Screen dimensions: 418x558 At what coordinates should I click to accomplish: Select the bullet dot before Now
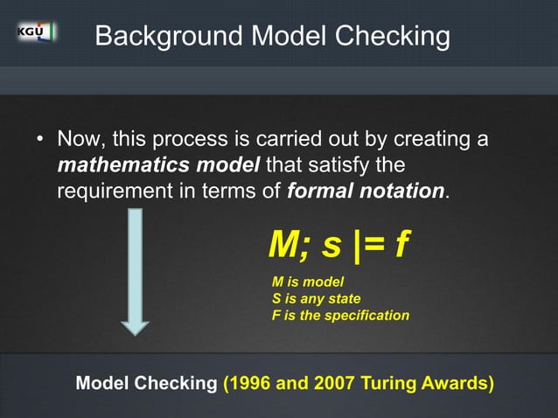point(39,141)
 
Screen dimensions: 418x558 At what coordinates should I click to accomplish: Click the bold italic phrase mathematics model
point(159,165)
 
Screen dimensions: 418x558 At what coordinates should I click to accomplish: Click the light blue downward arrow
point(136,271)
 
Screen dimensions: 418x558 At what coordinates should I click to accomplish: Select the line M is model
point(308,282)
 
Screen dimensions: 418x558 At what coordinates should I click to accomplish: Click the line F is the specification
point(340,315)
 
